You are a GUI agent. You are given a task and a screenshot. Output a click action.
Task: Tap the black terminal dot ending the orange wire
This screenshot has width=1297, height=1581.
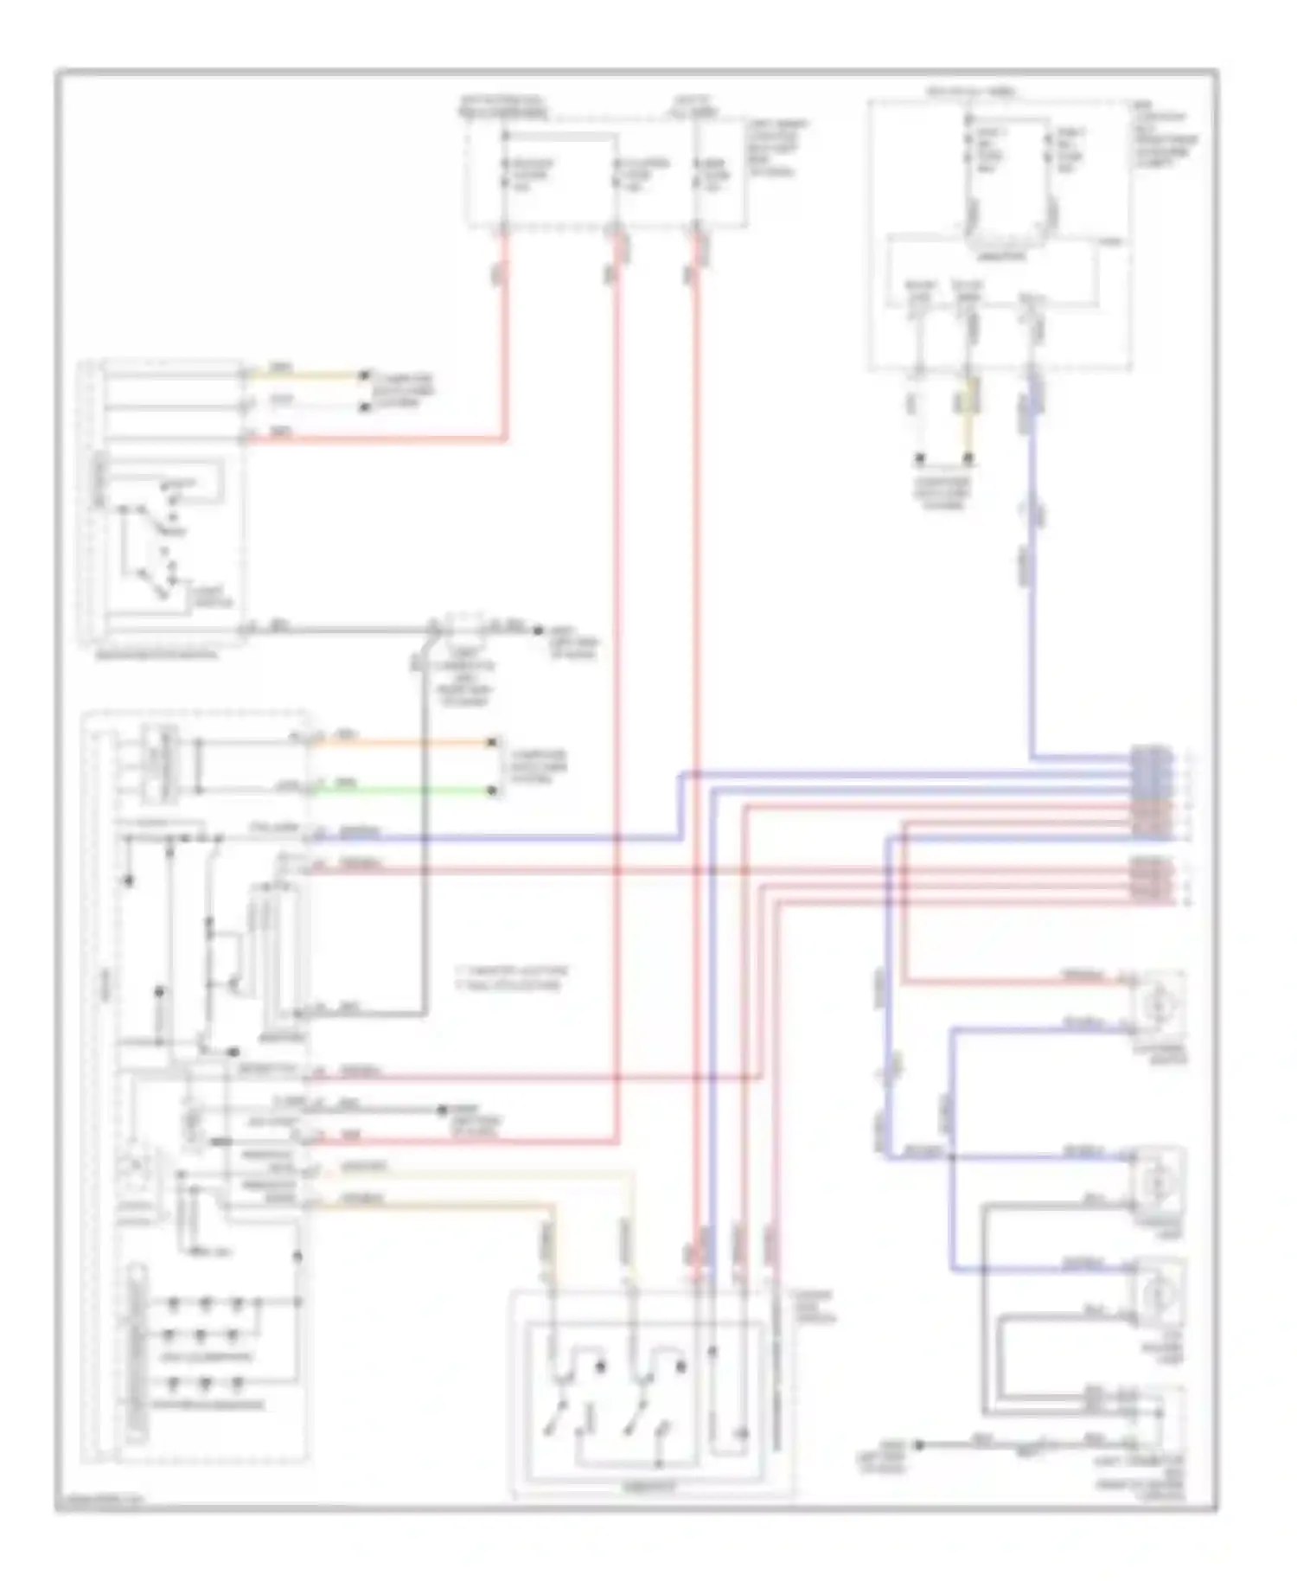(495, 742)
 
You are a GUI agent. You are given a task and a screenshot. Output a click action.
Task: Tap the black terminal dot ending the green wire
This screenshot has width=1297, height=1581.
(495, 790)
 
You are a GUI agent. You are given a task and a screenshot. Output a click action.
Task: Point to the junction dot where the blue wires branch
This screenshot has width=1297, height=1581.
(951, 1157)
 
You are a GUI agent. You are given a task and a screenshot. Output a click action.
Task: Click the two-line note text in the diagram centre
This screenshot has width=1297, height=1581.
(510, 977)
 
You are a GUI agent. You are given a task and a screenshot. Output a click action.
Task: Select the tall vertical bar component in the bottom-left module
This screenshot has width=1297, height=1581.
(136, 1354)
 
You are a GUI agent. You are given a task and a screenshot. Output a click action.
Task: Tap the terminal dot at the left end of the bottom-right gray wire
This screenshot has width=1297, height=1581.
(920, 1444)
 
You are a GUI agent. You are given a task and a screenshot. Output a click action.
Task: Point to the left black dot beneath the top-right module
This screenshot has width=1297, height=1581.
(920, 458)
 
